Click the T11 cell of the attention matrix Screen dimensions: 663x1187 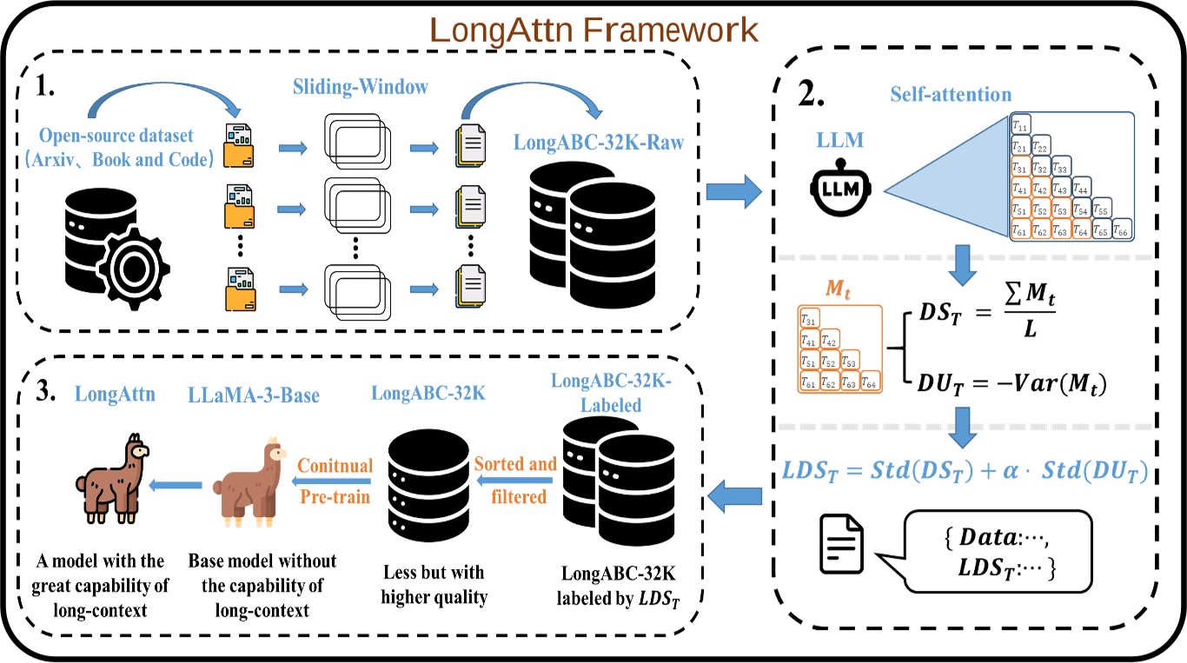[1021, 125]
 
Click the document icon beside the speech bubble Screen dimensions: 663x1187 [843, 545]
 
